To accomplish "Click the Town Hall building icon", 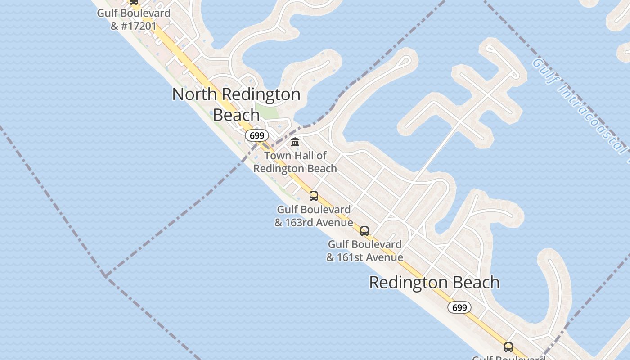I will [295, 142].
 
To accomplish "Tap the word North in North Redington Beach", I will [195, 94].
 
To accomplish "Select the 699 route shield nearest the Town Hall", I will [257, 135].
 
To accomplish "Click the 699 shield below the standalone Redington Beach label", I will [459, 307].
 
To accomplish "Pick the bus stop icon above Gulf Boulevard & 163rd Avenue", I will [314, 196].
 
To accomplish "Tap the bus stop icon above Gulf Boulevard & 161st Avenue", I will [364, 231].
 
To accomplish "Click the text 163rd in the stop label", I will [301, 223].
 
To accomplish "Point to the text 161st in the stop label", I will [352, 257].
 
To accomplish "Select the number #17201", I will [139, 26].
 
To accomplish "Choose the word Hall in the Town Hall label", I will [306, 156].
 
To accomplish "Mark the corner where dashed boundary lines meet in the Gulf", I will [105, 275].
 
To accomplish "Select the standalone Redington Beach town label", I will [434, 283].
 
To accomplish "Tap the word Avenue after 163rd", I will [335, 223].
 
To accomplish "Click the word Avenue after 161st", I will [386, 257].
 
